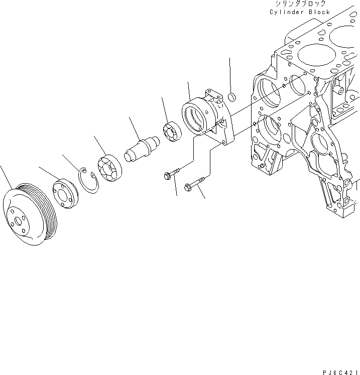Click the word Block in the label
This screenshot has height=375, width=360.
coord(320,12)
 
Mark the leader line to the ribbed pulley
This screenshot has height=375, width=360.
coord(6,176)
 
